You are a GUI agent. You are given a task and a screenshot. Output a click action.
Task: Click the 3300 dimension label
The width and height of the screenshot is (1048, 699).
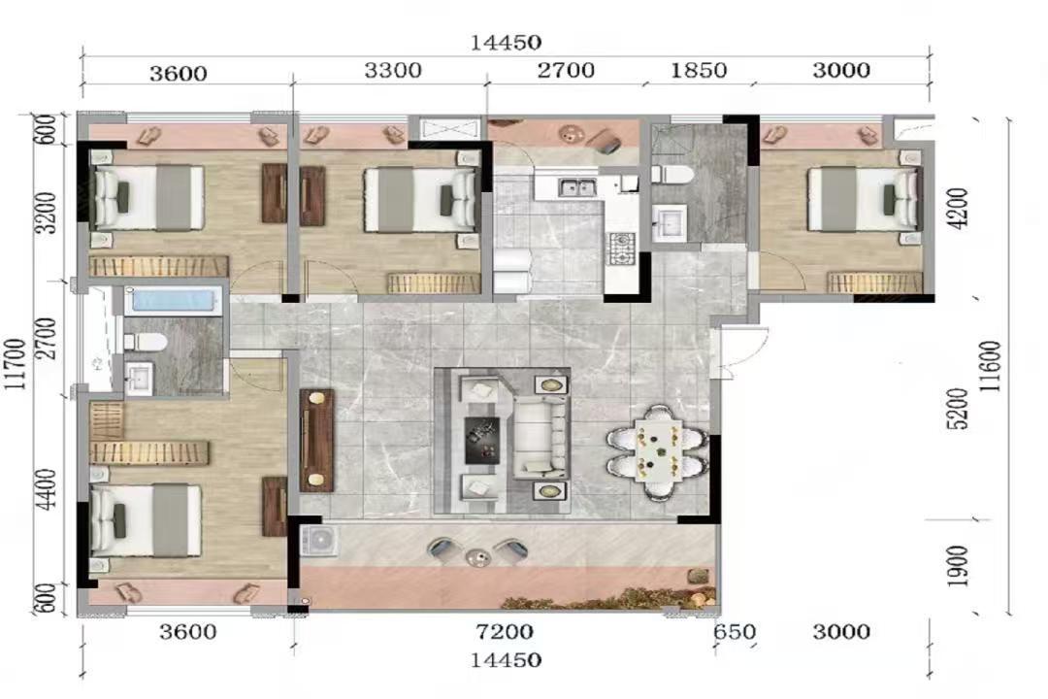(393, 70)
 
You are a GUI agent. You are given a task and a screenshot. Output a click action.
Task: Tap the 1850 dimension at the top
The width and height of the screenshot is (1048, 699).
(699, 70)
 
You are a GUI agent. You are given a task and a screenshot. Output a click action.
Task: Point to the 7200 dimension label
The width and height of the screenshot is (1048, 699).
(505, 632)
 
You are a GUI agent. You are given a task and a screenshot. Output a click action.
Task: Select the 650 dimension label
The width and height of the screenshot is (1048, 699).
(735, 632)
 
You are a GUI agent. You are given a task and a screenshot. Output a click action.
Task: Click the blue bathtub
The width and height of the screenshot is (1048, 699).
(173, 300)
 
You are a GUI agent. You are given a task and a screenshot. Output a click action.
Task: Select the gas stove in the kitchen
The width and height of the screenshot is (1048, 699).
(621, 247)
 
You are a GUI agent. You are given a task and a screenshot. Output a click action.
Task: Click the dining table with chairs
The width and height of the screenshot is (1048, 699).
(658, 451)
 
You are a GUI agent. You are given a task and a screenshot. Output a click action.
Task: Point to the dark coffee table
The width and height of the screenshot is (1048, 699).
(482, 440)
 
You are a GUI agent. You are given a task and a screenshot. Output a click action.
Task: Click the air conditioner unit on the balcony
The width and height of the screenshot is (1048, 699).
(319, 541)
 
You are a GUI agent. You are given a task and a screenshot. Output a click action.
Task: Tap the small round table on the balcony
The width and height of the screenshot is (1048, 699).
(477, 556)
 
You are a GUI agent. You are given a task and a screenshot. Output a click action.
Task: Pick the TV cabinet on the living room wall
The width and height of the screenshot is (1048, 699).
(316, 440)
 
